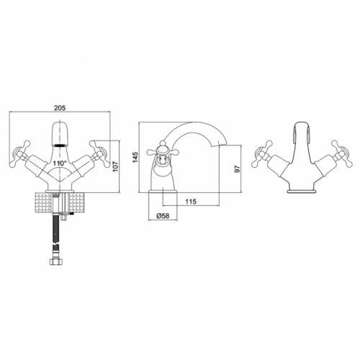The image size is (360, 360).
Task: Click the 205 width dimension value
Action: tap(60, 108)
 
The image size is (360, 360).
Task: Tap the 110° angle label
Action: tap(60, 163)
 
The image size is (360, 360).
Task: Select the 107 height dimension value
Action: tap(115, 166)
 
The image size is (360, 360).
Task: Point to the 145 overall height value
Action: tap(135, 158)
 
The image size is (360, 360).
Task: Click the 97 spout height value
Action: tap(237, 169)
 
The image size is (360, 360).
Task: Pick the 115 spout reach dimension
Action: tap(191, 202)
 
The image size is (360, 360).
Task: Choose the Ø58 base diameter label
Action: tap(163, 216)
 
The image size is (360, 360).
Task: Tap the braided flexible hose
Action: tap(55, 235)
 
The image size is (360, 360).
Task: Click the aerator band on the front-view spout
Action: tap(60, 145)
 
